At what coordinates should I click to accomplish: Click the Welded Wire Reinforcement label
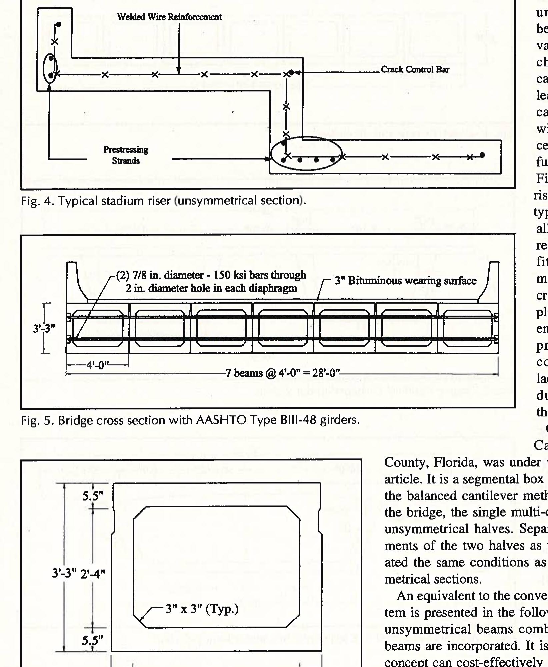coord(169,17)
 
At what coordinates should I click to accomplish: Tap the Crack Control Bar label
coord(415,69)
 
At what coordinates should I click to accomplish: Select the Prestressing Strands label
coord(126,155)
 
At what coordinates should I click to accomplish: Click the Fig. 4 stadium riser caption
coord(163,201)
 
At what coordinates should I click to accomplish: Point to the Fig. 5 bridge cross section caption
coord(190,420)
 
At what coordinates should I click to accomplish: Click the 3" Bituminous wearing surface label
coord(405,281)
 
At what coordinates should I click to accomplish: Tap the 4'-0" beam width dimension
coord(98,365)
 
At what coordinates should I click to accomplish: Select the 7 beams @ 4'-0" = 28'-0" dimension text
coord(282,372)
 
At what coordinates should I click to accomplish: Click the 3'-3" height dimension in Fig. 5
coord(44,329)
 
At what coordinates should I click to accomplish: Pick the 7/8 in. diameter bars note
coord(211,281)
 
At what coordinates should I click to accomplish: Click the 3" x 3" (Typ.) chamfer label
coord(202,609)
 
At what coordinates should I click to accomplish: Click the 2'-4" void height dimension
coord(93,574)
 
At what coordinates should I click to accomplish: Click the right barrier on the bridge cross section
coord(490,280)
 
